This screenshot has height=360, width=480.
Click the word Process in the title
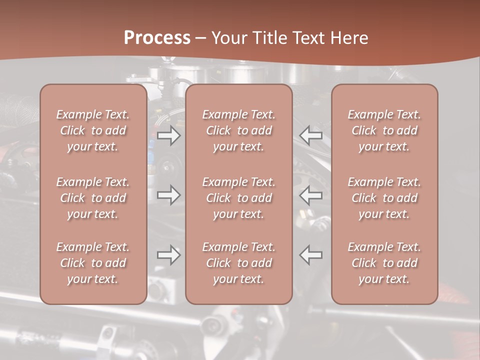pos(157,38)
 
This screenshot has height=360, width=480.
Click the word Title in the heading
pos(268,38)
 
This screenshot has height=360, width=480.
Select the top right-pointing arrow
pos(168,135)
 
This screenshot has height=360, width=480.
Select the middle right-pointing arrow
pos(168,195)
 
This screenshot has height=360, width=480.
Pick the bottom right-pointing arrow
pos(168,255)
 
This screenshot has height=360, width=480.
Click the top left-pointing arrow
pos(311,135)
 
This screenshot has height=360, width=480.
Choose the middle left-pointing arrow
pos(311,195)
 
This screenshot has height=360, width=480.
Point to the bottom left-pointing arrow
pos(311,255)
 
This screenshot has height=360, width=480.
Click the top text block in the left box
pos(93,130)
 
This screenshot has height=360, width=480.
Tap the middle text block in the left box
pos(93,198)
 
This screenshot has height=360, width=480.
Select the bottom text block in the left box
pos(93,263)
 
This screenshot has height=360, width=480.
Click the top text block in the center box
pos(239,130)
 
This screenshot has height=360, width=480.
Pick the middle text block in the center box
pos(239,198)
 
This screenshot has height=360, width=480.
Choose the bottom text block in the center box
pos(239,263)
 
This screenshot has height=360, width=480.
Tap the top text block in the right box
pos(384,130)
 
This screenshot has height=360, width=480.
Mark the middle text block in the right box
pos(384,198)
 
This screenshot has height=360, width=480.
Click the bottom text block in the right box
pos(384,263)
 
